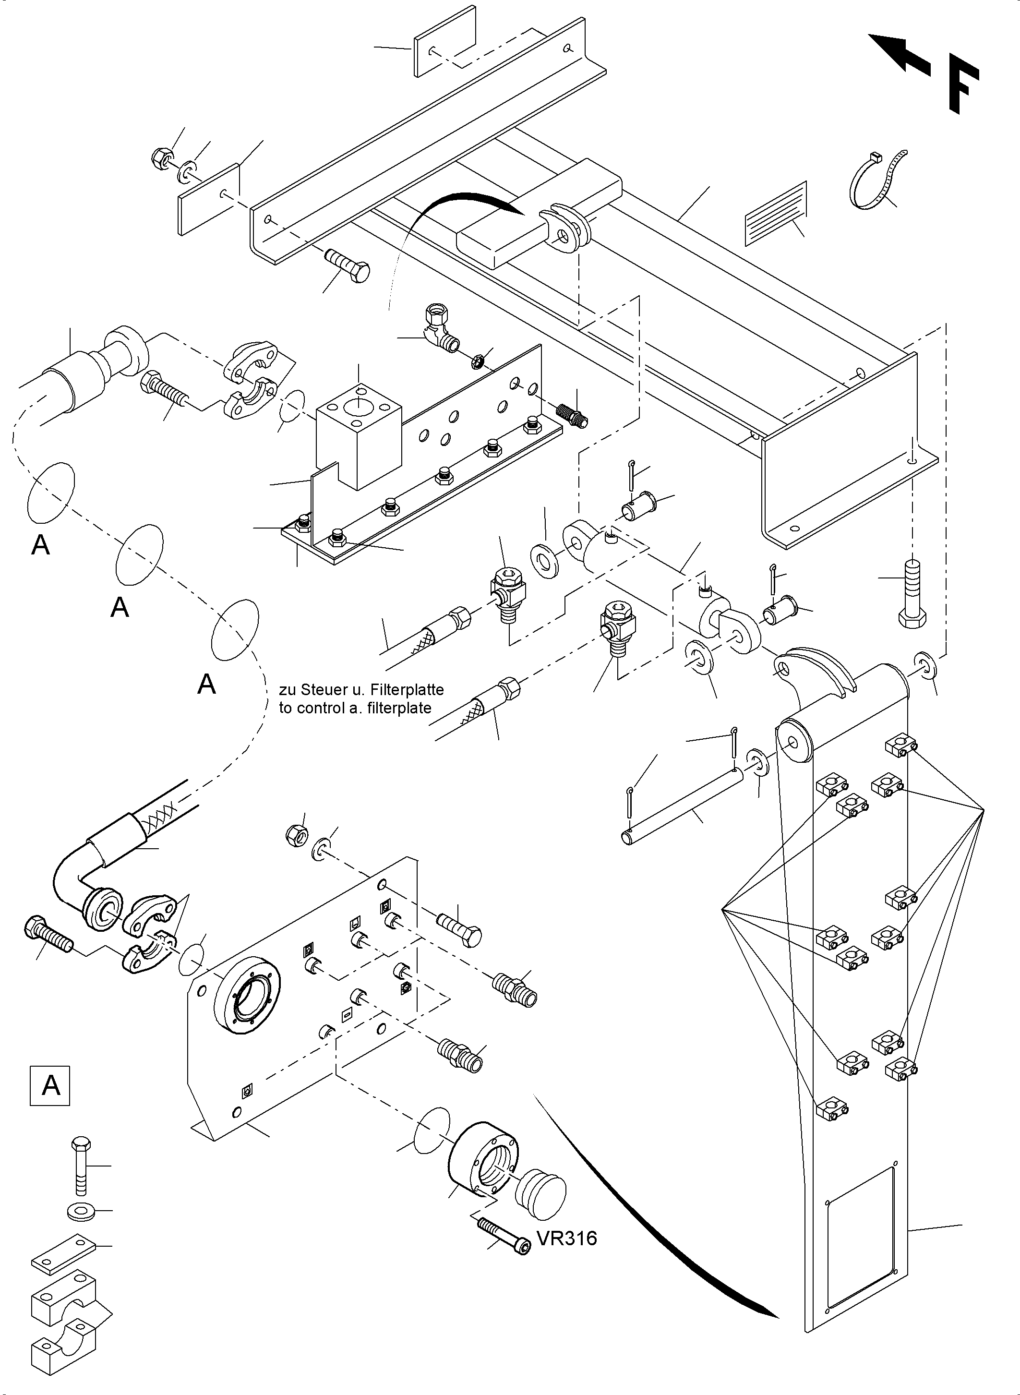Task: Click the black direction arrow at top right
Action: (x=899, y=54)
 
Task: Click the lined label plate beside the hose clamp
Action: (x=776, y=213)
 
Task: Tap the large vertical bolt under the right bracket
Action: (x=912, y=594)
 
